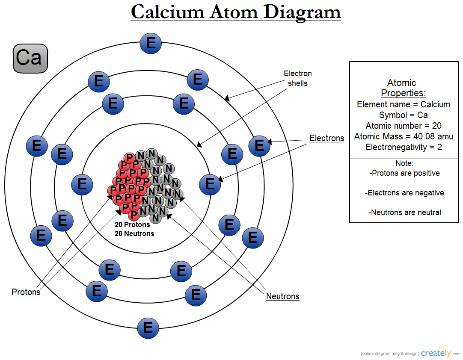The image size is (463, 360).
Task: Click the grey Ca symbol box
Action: coord(30,58)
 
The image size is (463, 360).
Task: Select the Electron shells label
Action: coord(298,78)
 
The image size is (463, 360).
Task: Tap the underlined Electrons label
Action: coord(326,138)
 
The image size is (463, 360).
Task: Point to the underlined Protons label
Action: coord(26,292)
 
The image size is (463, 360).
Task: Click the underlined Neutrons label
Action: coord(282,296)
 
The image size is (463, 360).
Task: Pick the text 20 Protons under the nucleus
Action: coord(132,224)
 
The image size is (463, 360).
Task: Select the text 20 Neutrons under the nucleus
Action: coord(134,234)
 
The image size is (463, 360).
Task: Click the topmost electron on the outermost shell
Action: coord(151,43)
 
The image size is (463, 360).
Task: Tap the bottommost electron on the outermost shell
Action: coord(148,328)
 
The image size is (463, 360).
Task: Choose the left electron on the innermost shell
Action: coord(82,184)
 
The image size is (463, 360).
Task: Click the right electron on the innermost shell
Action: coord(210,184)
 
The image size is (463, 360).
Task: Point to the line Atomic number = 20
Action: coord(403,126)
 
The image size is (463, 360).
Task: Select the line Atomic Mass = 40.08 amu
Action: coord(403,136)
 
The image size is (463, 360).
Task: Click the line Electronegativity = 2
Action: coord(403,147)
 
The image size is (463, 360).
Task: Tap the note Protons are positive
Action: coord(404,173)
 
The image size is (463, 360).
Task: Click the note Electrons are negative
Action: coord(404,193)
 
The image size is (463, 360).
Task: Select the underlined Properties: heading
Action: coord(404,93)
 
